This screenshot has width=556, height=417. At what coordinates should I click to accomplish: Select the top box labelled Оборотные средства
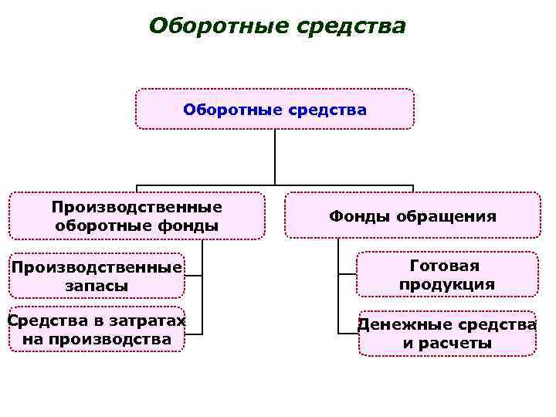(275, 109)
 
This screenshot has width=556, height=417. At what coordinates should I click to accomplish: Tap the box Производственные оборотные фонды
(137, 216)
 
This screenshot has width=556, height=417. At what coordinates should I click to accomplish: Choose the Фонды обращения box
(412, 216)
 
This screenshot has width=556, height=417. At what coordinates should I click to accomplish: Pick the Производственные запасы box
(97, 276)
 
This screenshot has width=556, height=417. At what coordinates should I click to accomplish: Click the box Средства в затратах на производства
(97, 330)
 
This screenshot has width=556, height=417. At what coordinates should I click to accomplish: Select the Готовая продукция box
(446, 275)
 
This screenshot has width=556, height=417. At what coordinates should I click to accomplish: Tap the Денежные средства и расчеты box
(446, 333)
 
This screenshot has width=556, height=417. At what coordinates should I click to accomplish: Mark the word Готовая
(446, 266)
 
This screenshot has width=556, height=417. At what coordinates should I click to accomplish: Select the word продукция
(446, 284)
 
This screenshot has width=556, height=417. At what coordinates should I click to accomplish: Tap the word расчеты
(446, 343)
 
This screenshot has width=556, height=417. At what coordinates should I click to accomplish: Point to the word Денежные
(398, 324)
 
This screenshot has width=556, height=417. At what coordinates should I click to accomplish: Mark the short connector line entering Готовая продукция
(347, 273)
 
